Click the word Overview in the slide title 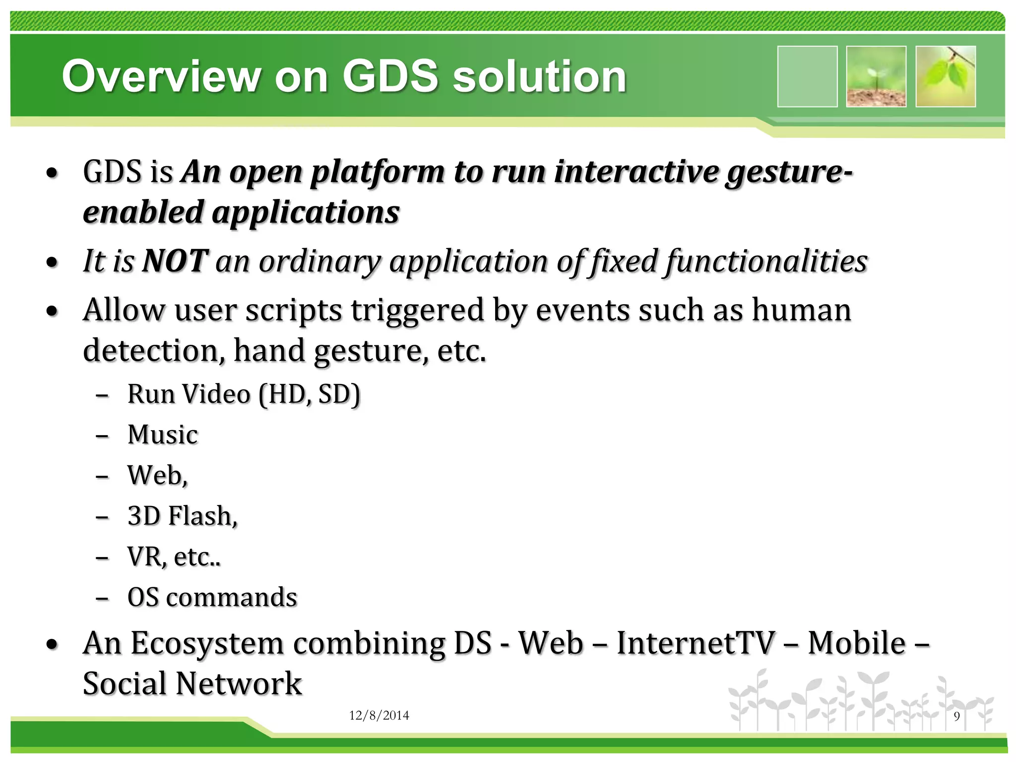click(161, 76)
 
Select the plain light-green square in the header click(807, 76)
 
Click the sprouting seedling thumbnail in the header click(876, 76)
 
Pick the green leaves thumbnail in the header click(946, 76)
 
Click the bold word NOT click(175, 261)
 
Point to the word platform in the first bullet click(377, 173)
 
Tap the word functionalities click(766, 261)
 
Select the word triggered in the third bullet click(417, 311)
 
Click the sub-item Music click(163, 435)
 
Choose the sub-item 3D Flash click(182, 516)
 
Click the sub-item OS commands click(212, 597)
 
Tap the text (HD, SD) click(310, 395)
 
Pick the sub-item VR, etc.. click(174, 557)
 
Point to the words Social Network click(192, 684)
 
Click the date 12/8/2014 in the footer click(379, 715)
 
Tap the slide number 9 click(956, 716)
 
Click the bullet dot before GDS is click(52, 174)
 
